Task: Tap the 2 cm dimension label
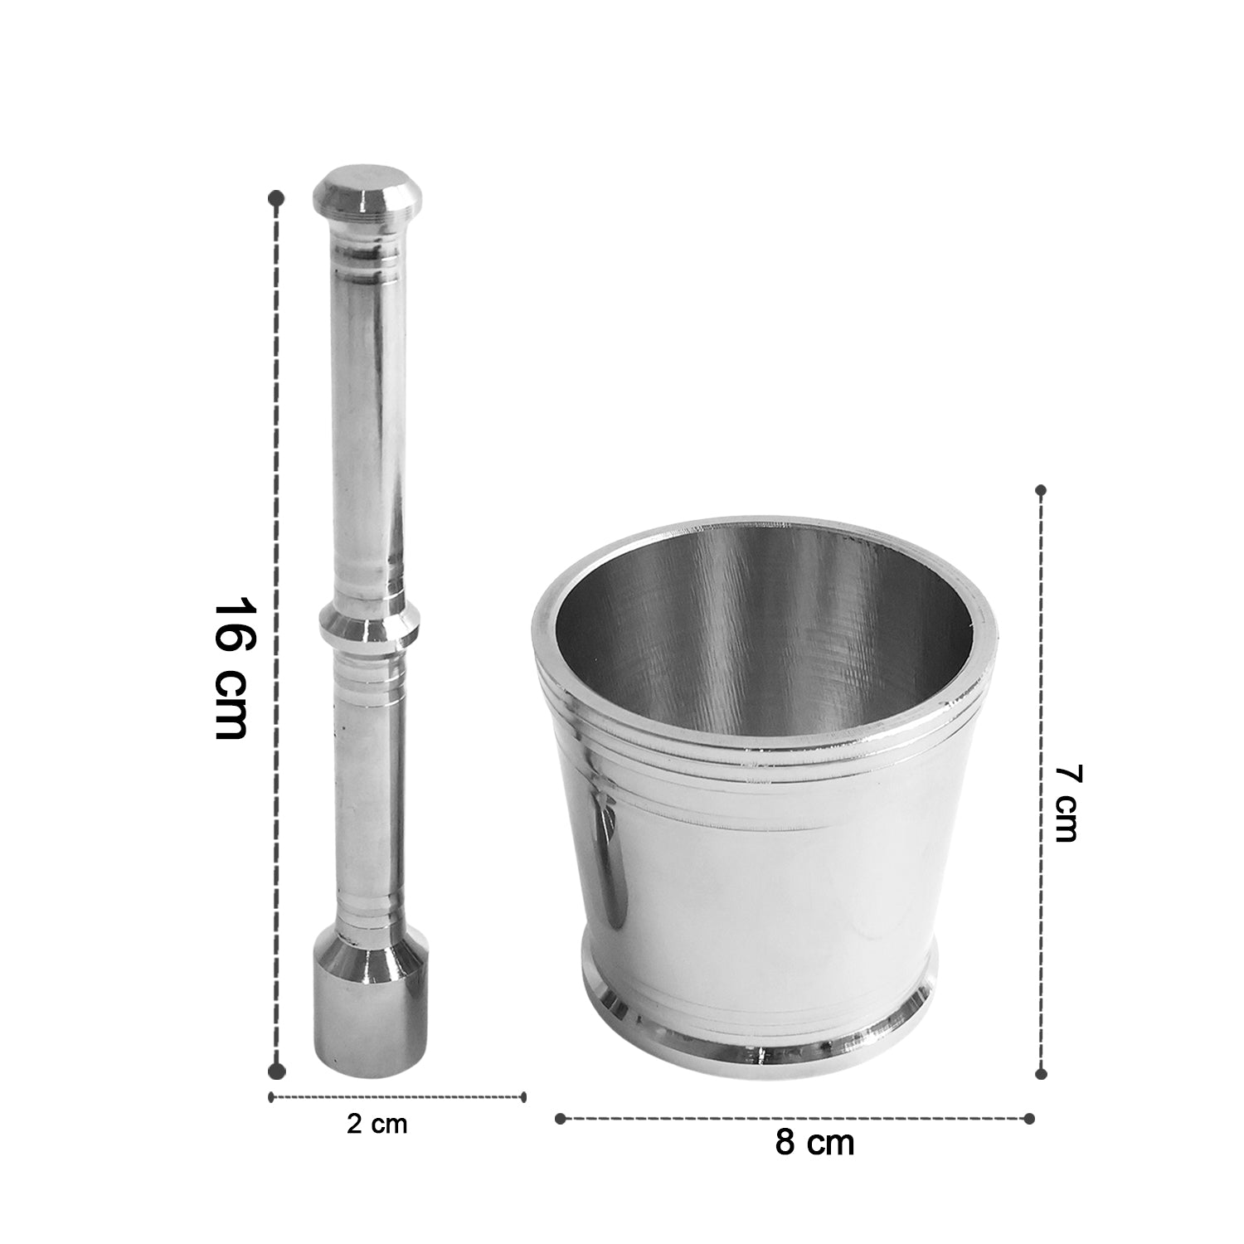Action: tap(377, 1125)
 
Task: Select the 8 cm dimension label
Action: tap(814, 1143)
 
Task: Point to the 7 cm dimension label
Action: tap(1065, 803)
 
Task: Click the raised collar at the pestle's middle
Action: tap(369, 627)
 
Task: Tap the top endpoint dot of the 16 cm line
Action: tap(277, 198)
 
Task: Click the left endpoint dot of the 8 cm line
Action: tap(560, 1118)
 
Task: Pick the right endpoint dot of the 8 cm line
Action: tap(1029, 1118)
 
